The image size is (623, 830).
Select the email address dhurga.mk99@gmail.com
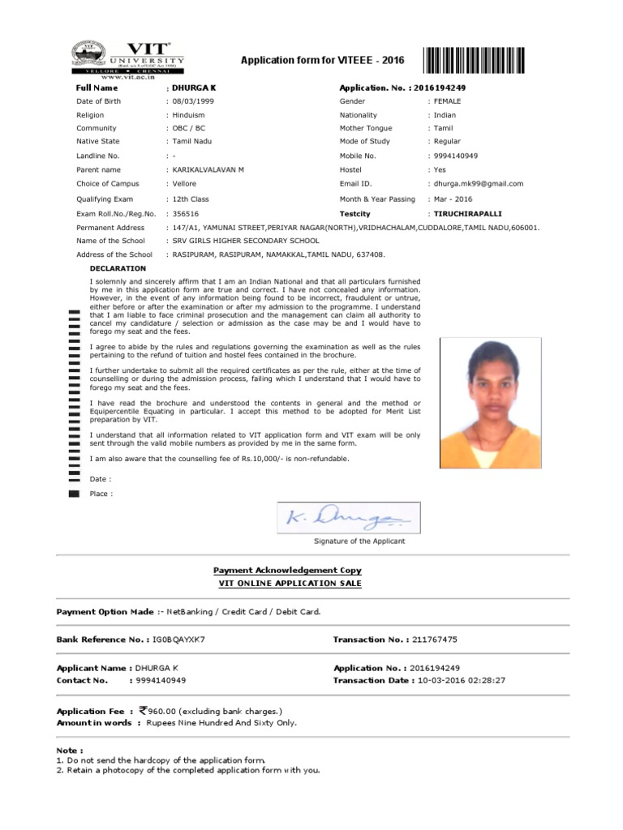point(478,184)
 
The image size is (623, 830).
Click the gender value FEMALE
point(447,101)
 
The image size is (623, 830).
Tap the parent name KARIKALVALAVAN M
point(208,170)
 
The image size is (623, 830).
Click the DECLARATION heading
point(118,268)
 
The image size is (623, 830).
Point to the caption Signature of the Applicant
point(359,541)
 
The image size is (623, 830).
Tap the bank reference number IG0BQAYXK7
point(178,640)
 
